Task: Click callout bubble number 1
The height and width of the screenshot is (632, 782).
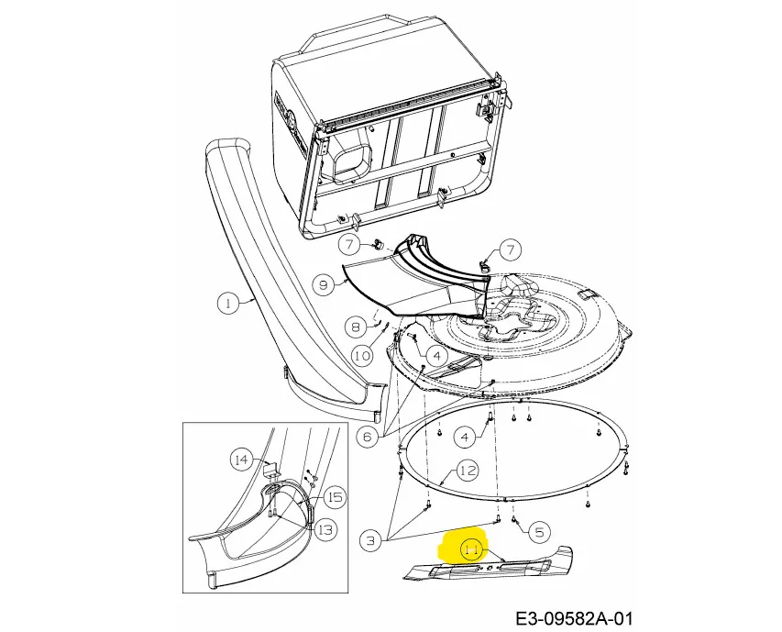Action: (228, 303)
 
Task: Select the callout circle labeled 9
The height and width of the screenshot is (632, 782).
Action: (324, 284)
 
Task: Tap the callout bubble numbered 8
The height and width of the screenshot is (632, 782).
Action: (356, 327)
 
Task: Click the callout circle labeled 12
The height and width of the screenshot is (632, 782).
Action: (468, 471)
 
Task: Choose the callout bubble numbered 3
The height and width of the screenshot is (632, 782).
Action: (370, 540)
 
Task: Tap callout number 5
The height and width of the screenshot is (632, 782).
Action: (539, 532)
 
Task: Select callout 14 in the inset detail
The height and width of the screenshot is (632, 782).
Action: (241, 459)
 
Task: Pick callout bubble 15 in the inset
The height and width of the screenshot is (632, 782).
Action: (336, 497)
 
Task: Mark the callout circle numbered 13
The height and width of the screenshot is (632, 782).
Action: (325, 529)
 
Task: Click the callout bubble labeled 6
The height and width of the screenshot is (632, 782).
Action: (368, 438)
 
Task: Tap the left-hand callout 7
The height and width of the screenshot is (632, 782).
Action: (349, 244)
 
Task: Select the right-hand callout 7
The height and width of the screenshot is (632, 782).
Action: (510, 249)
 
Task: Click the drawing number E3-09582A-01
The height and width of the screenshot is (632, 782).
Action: (574, 619)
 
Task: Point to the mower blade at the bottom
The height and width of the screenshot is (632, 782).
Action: (488, 567)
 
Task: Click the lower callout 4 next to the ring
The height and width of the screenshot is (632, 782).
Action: (465, 438)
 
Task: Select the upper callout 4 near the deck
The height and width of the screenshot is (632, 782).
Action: (437, 356)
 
